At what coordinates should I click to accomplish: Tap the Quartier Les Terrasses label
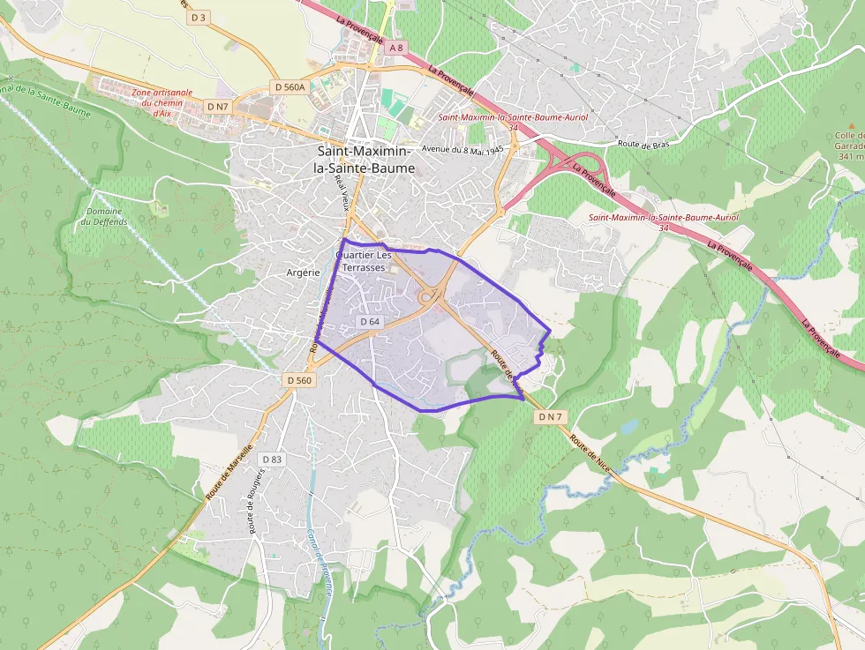363,261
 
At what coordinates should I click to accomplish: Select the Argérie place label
303,273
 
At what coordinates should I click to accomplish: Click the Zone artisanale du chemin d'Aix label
162,101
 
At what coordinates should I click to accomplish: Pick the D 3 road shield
199,17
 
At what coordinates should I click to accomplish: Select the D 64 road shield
370,322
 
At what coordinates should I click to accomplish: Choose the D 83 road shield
271,459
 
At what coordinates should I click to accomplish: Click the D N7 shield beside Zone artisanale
218,106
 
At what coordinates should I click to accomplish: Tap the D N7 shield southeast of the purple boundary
550,416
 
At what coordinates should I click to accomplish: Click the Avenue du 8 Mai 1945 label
462,149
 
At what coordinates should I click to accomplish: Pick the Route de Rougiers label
257,501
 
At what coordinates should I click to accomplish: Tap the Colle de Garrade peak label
850,146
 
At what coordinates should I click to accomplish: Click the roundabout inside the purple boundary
430,297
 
